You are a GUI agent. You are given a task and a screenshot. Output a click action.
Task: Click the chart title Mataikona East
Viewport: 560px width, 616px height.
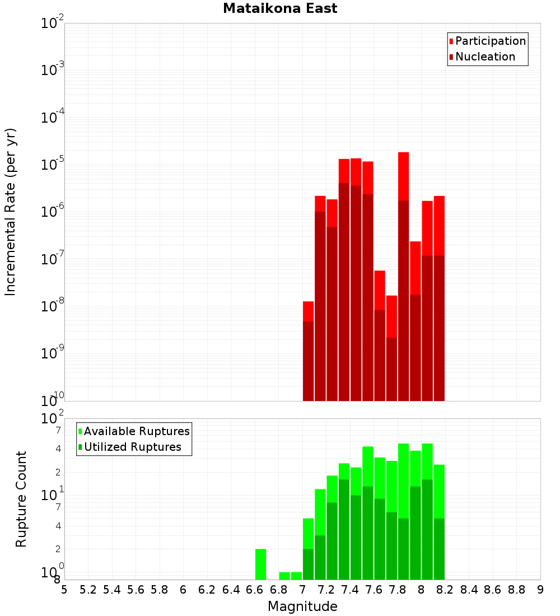point(280,8)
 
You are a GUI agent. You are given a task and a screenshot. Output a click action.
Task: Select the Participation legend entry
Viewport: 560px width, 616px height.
point(491,41)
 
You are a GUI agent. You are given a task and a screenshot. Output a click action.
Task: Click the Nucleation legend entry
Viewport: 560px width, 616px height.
point(485,57)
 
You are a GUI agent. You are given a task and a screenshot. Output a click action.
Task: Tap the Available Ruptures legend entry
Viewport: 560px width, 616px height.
point(137,432)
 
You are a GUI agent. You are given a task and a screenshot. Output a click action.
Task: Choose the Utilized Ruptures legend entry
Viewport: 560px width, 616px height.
point(132,447)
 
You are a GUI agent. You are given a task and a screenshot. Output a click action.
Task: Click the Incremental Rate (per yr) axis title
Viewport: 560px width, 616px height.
point(11,212)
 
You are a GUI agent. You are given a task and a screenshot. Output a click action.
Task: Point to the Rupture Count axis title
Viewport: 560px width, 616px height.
point(21,499)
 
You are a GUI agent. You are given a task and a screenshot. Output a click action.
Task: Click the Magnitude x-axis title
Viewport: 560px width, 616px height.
point(302,606)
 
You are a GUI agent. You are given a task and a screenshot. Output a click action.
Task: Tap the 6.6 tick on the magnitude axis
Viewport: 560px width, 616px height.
point(255,590)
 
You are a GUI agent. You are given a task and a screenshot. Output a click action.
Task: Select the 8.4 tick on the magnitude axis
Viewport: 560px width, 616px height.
point(469,590)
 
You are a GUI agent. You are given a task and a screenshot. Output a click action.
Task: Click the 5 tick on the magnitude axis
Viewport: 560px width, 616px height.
point(64,590)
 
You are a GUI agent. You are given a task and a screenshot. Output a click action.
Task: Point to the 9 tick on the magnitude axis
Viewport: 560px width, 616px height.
point(540,590)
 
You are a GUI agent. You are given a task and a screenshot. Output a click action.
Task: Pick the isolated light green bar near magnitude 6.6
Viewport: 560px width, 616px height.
point(260,564)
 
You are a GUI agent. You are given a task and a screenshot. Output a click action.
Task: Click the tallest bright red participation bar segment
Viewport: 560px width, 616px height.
point(403,176)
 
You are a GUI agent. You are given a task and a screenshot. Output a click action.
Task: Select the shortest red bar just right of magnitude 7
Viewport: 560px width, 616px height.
point(308,311)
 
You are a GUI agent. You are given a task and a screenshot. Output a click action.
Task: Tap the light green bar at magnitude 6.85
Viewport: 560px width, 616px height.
point(284,576)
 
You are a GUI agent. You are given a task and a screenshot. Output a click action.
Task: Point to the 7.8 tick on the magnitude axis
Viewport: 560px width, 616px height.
point(398,590)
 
